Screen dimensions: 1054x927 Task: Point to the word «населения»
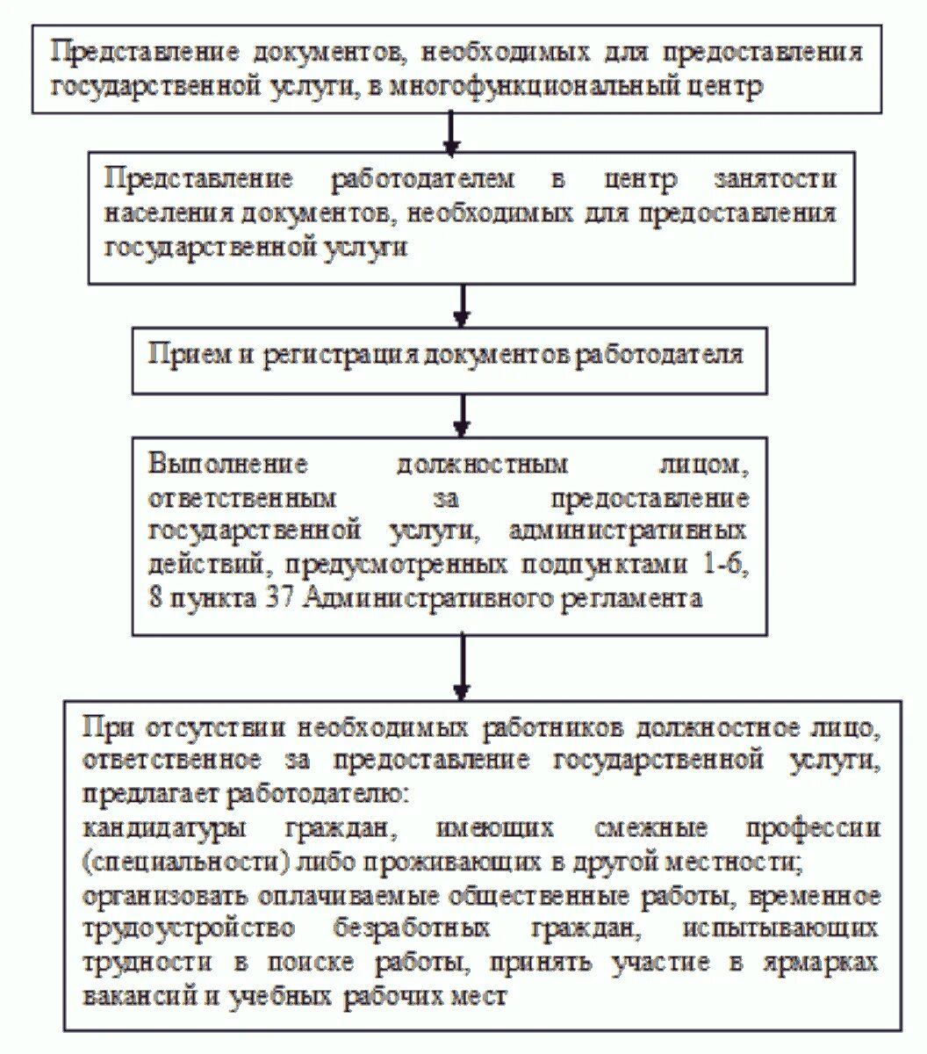(154, 213)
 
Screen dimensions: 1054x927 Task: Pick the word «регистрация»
(330, 355)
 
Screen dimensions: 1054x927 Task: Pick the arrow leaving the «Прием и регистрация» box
(462, 414)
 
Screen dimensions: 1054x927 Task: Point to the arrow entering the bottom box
(462, 667)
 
